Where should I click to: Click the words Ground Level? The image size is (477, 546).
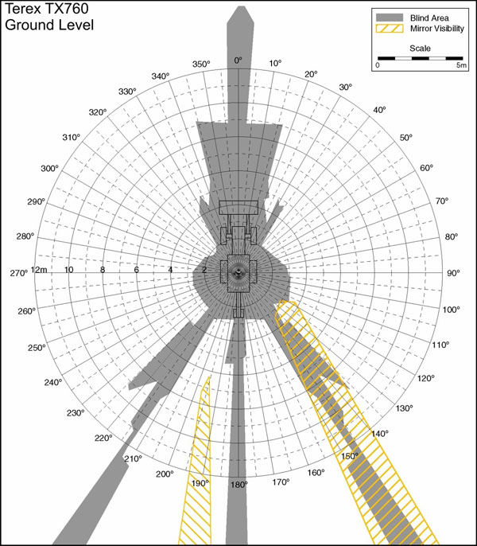coord(50,25)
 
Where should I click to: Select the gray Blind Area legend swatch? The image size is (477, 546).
coord(390,17)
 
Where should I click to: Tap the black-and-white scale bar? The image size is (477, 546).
coord(421,58)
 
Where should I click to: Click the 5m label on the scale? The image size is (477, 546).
coord(460,66)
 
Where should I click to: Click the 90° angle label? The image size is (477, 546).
coord(453,273)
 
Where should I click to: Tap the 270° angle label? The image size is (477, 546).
coord(17,273)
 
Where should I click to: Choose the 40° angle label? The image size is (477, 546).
coord(379,110)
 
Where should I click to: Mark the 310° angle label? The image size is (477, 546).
coord(72,138)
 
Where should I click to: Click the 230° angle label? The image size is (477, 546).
coord(76,413)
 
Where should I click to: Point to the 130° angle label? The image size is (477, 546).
coord(405,408)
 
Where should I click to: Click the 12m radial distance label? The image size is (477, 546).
coord(39,270)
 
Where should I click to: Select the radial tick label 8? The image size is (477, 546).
coord(102,270)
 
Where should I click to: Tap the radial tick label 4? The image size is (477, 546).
coord(170,270)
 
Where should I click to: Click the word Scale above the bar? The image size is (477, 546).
coord(421,49)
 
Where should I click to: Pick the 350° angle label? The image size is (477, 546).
coord(200,64)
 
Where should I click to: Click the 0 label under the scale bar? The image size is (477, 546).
coord(378,66)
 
